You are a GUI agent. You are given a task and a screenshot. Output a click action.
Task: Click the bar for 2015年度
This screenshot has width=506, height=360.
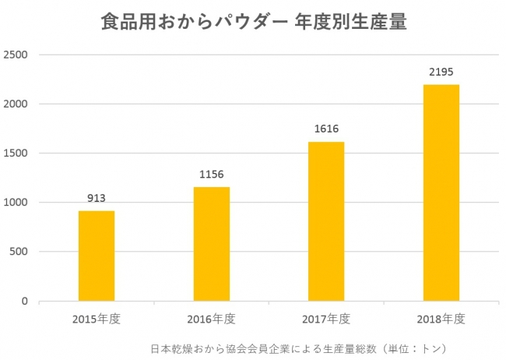coord(97,256)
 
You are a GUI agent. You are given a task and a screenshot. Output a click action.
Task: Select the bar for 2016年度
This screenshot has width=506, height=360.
coord(212,244)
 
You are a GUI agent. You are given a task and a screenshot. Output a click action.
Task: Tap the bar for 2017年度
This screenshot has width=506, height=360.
coord(326,221)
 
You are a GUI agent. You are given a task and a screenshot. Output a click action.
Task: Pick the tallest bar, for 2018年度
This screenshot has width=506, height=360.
coord(441,192)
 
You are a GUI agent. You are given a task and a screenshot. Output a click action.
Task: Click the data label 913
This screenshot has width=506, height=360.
coord(97,198)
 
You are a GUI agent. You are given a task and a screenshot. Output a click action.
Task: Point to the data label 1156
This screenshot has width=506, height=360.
coord(212,175)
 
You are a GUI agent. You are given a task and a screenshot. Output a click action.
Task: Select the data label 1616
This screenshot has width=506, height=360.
coord(326,129)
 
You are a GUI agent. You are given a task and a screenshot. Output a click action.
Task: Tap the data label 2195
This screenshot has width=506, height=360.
coord(441,72)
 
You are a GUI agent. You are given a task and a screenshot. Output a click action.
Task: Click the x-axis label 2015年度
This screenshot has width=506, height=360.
coord(97,319)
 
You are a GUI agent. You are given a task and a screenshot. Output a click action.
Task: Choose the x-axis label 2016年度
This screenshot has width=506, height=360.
coord(212,319)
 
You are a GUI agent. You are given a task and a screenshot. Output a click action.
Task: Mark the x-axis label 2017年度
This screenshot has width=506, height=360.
coord(326,319)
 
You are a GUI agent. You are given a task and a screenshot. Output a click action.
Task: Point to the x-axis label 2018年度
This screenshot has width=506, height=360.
coord(441,319)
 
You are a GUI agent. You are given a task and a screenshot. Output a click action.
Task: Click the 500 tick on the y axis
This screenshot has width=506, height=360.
coord(19,252)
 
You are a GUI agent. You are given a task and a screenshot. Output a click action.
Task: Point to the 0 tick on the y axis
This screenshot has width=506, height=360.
coord(25,302)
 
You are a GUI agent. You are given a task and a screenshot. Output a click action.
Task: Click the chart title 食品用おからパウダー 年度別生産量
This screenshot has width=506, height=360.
coord(254,22)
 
